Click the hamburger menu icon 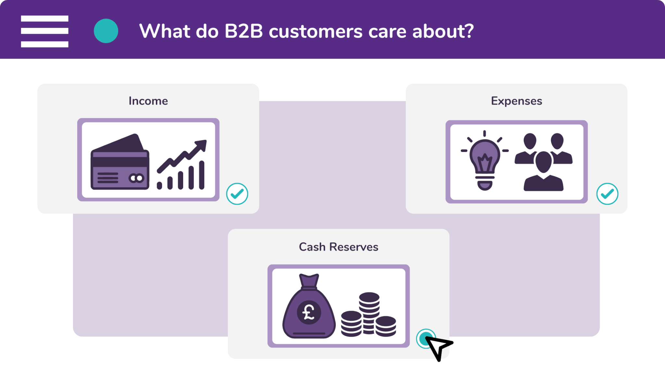pyautogui.click(x=44, y=31)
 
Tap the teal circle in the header pyautogui.click(x=106, y=31)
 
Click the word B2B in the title pyautogui.click(x=244, y=31)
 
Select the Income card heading pyautogui.click(x=148, y=101)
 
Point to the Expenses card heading pyautogui.click(x=517, y=101)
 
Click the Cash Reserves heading pyautogui.click(x=339, y=247)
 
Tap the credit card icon pyautogui.click(x=120, y=162)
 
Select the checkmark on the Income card pyautogui.click(x=237, y=194)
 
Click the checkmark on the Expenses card pyautogui.click(x=607, y=194)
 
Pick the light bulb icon pyautogui.click(x=485, y=160)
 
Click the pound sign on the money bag pyautogui.click(x=309, y=312)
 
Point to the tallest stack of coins pyautogui.click(x=369, y=313)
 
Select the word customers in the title pyautogui.click(x=316, y=32)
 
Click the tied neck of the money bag pyautogui.click(x=309, y=281)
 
